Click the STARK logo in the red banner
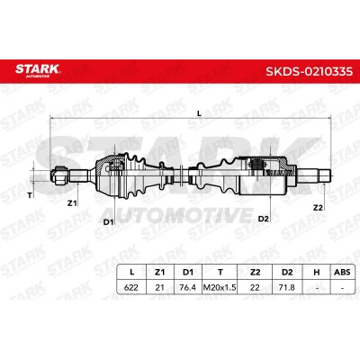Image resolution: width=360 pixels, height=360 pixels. click(38, 70)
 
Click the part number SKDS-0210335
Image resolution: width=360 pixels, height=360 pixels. click(309, 72)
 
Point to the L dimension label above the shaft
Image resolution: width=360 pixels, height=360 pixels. click(199, 113)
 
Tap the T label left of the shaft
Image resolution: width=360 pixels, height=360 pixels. click(30, 195)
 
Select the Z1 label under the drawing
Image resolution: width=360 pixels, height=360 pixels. click(72, 203)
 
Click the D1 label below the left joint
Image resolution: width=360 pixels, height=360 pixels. click(108, 222)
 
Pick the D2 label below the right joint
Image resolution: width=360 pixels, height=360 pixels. click(263, 219)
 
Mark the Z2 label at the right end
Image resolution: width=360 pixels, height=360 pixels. click(318, 207)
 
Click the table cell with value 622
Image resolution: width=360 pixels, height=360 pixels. click(131, 287)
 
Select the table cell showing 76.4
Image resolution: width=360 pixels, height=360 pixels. click(187, 287)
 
